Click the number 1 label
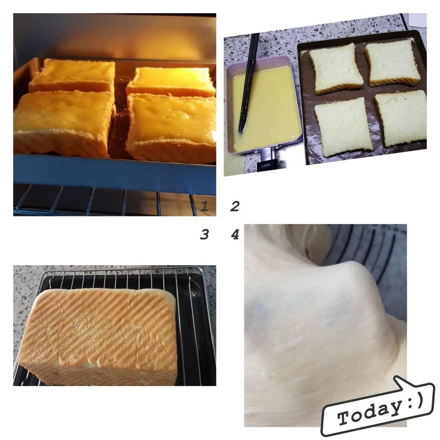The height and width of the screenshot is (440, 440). pos(204,206)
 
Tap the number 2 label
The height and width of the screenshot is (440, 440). pos(235,206)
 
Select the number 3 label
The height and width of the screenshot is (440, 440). pos(204,234)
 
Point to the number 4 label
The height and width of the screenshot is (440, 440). pos(235,234)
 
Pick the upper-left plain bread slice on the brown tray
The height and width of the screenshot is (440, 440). pos(336,69)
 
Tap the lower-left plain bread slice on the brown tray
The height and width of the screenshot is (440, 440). pos(343,127)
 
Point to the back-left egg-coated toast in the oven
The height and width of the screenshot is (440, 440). pos(73,75)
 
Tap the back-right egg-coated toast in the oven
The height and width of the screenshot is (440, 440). pos(171,81)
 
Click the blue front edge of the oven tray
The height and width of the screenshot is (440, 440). pos(114,174)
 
